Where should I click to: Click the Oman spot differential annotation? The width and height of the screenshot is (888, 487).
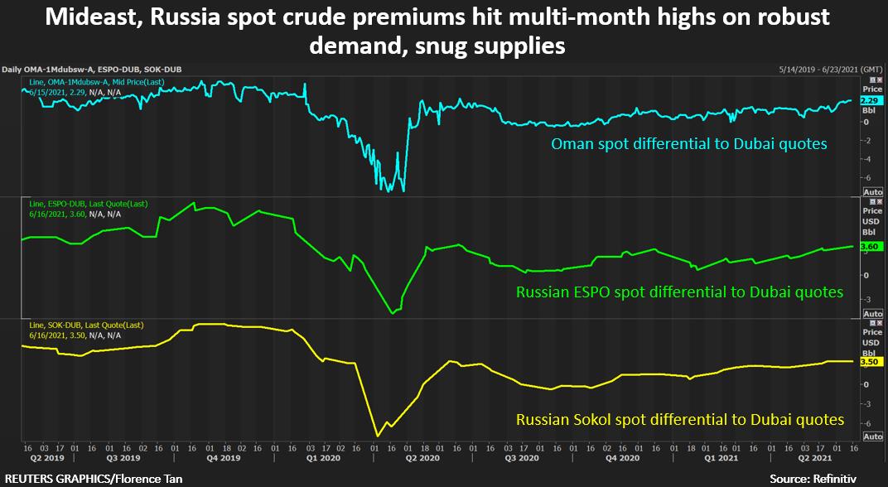point(689,144)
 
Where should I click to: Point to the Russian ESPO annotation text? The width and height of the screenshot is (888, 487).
point(679,292)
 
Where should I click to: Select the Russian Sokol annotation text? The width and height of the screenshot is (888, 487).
point(680,420)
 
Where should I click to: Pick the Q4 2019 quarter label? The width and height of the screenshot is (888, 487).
point(223,457)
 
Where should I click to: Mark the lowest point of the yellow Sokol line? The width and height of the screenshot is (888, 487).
point(379,436)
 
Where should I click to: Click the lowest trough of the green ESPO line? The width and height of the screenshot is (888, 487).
point(393,313)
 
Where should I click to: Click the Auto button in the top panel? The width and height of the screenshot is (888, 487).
point(873,191)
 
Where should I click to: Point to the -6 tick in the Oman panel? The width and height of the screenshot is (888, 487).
point(866,177)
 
